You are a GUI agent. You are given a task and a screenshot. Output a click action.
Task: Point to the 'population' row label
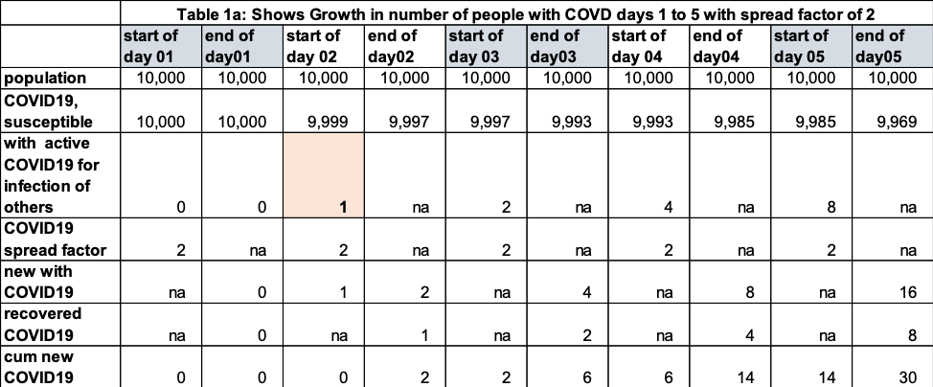click(x=45, y=79)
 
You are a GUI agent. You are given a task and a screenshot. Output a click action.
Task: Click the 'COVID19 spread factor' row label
click(x=56, y=239)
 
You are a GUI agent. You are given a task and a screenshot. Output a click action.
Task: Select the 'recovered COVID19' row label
click(x=43, y=324)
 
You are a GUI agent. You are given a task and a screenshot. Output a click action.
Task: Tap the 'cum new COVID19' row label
click(x=38, y=367)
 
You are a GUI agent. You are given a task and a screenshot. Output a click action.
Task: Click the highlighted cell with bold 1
click(x=325, y=175)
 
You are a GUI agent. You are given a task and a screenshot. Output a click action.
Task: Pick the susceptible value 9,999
click(x=325, y=122)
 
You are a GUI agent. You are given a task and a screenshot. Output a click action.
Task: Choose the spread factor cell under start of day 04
click(x=649, y=239)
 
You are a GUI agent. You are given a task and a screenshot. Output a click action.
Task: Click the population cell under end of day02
click(x=405, y=79)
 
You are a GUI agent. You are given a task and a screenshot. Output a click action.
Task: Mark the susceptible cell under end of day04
click(x=731, y=122)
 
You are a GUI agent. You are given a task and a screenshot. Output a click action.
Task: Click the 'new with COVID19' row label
click(x=39, y=282)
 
